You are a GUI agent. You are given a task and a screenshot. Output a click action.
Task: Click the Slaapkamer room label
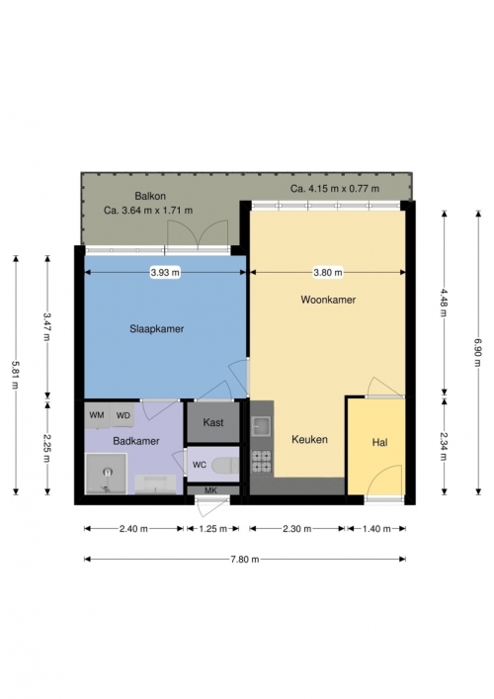pos(156,329)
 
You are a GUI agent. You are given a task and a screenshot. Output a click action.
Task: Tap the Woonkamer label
pos(328,300)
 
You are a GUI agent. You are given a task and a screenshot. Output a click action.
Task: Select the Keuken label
pos(309,440)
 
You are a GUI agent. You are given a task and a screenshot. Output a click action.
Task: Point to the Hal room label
pos(379,443)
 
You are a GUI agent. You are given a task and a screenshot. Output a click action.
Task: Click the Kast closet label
pos(213,422)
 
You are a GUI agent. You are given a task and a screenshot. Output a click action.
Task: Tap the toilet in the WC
pos(225,466)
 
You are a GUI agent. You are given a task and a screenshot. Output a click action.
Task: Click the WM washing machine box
pos(97,415)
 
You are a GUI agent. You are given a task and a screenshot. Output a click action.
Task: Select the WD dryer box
pos(123,415)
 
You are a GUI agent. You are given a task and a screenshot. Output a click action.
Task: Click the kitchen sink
pos(261,427)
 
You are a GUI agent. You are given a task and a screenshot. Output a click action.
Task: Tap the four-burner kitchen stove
pos(262,462)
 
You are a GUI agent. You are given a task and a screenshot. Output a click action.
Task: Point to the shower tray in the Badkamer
pos(106,474)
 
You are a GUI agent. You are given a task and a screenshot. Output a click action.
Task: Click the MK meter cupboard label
pos(210,490)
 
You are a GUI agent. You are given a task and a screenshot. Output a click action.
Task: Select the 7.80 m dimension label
pos(245,559)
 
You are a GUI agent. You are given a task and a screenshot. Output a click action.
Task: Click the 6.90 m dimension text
pos(478,352)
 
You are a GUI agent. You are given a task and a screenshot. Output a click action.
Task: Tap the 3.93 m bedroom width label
pos(165,272)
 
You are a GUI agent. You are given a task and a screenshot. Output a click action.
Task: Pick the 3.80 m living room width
pos(328,272)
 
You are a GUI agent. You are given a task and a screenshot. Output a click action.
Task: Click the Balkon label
pos(150,196)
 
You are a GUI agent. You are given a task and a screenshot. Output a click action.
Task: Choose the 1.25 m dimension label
pos(212,529)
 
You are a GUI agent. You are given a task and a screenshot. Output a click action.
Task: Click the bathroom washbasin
pos(155,484)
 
